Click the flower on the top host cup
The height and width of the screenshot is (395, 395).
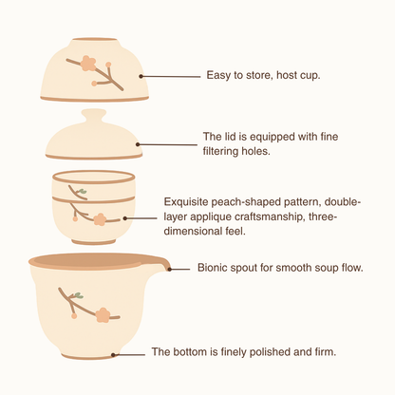pyautogui.click(x=87, y=63)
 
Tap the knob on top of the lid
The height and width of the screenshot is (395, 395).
pyautogui.click(x=94, y=117)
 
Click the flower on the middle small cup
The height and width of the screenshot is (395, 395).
pyautogui.click(x=100, y=219)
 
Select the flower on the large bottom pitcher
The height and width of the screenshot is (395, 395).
pyautogui.click(x=103, y=314)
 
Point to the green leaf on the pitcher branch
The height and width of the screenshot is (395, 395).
pyautogui.click(x=78, y=295)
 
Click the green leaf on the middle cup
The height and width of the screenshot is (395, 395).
pyautogui.click(x=83, y=191)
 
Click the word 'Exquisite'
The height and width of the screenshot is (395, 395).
pyautogui.click(x=186, y=201)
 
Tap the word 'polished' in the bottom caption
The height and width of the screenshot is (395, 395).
pyautogui.click(x=271, y=351)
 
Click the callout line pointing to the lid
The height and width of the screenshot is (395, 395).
pyautogui.click(x=167, y=144)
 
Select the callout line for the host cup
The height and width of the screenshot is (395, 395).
pyautogui.click(x=170, y=76)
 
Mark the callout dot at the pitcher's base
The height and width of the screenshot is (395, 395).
pyautogui.click(x=114, y=354)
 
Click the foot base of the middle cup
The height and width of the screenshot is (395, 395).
pyautogui.click(x=94, y=241)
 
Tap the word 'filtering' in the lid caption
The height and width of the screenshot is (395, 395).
pyautogui.click(x=220, y=151)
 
